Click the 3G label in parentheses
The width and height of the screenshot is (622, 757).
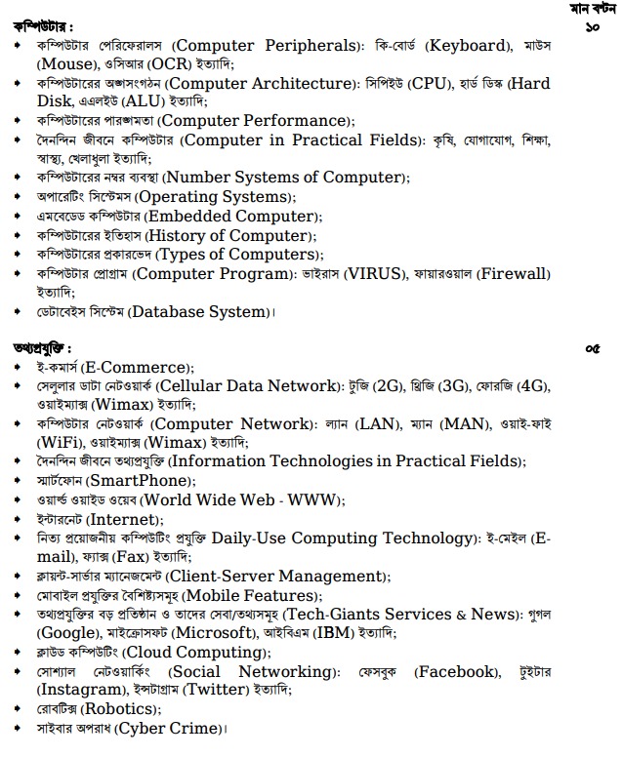(x=456, y=387)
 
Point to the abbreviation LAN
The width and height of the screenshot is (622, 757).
(x=382, y=425)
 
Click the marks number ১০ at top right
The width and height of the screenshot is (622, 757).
(x=592, y=27)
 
